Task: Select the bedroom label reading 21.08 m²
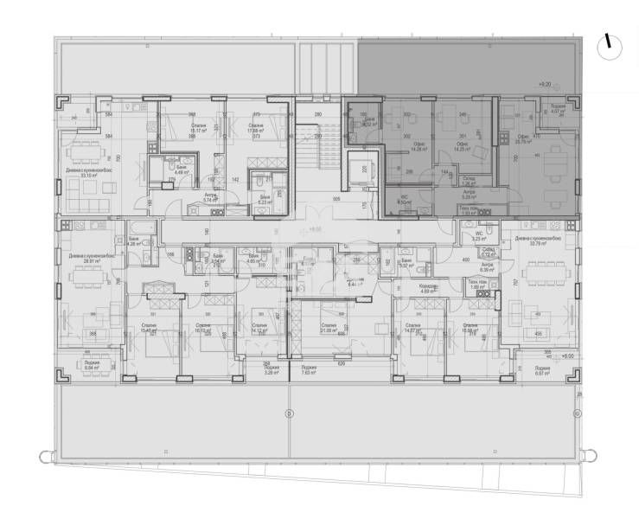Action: tap(329, 330)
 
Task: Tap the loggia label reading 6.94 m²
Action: tap(91, 366)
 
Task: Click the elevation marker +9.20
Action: tap(544, 84)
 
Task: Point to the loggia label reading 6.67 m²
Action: tap(544, 373)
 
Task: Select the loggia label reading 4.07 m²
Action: tap(557, 109)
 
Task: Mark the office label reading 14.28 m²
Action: tap(420, 147)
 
